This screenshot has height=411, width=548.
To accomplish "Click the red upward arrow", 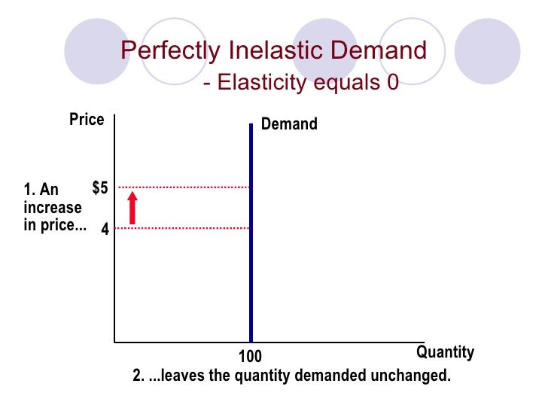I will pyautogui.click(x=132, y=208).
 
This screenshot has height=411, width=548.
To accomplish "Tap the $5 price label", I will pyautogui.click(x=101, y=187).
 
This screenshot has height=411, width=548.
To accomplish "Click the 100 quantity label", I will pyautogui.click(x=251, y=356).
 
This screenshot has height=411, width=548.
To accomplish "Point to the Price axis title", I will pyautogui.click(x=87, y=120).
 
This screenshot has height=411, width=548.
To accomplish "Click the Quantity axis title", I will pyautogui.click(x=445, y=352).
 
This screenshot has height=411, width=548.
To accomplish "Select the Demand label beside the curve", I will pyautogui.click(x=289, y=124).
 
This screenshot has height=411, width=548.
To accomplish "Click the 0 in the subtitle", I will pyautogui.click(x=392, y=81).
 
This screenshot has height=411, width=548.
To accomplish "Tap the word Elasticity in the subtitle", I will pyautogui.click(x=257, y=82).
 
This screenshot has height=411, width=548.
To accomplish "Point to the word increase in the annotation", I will pyautogui.click(x=52, y=207).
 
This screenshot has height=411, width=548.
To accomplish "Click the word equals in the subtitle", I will pyautogui.click(x=342, y=83).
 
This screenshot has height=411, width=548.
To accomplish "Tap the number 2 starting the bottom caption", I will pyautogui.click(x=137, y=375).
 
